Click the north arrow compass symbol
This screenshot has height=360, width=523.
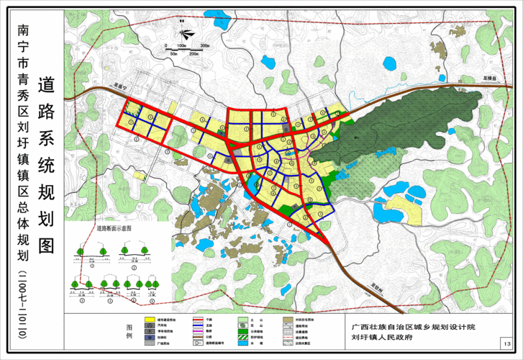[x=186, y=32]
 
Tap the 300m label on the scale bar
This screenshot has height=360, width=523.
[x=204, y=45]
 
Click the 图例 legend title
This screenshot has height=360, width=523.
[x=129, y=332]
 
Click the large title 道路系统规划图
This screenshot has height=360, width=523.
[x=47, y=166]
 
